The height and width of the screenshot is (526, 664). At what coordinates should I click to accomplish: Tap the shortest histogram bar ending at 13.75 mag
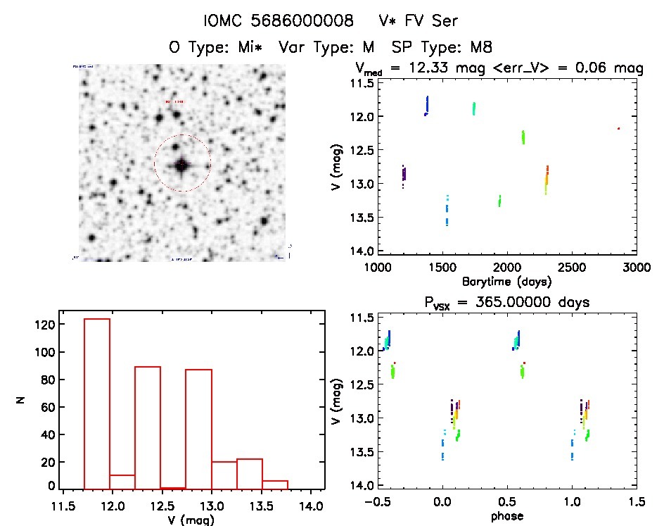[275, 484]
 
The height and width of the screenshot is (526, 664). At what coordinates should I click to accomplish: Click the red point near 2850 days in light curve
[618, 128]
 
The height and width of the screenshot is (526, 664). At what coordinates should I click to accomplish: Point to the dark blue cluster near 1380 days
[426, 106]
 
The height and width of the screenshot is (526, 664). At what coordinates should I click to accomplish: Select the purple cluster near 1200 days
[403, 174]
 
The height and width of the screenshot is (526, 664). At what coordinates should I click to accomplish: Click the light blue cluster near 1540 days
[447, 209]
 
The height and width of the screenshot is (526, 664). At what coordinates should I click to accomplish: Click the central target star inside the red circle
[181, 164]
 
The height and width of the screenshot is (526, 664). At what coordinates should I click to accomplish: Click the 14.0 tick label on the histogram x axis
[312, 506]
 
